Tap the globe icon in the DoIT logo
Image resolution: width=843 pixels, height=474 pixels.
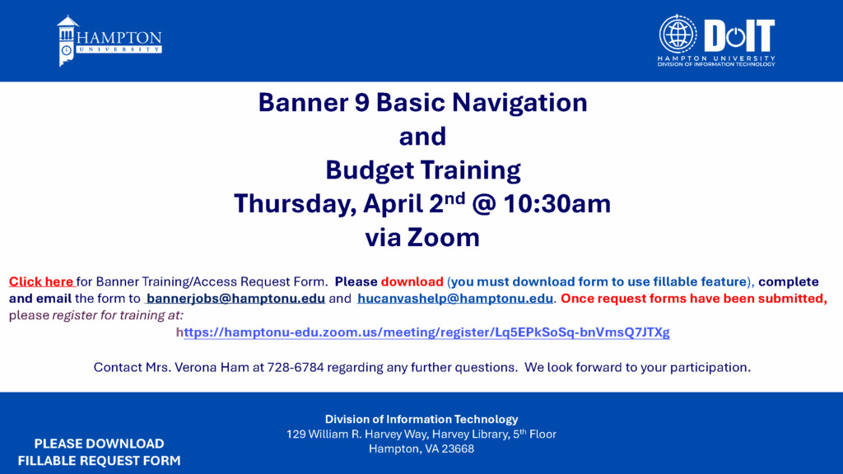click(x=678, y=34)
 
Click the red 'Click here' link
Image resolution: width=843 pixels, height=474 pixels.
click(x=41, y=281)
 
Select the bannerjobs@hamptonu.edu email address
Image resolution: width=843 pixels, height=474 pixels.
click(x=235, y=298)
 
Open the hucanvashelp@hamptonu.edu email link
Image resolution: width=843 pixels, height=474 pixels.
click(x=454, y=298)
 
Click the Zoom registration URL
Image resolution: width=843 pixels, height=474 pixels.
click(x=422, y=332)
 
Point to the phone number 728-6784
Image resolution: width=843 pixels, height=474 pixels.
click(x=296, y=367)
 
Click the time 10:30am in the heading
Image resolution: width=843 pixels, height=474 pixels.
click(x=557, y=204)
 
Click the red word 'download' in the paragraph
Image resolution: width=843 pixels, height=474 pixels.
click(x=412, y=281)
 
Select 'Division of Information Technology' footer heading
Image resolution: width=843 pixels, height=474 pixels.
click(x=421, y=419)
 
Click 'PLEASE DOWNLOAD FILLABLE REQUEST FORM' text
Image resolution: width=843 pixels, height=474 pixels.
click(x=99, y=452)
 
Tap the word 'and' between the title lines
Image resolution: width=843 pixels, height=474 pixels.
click(x=422, y=137)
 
